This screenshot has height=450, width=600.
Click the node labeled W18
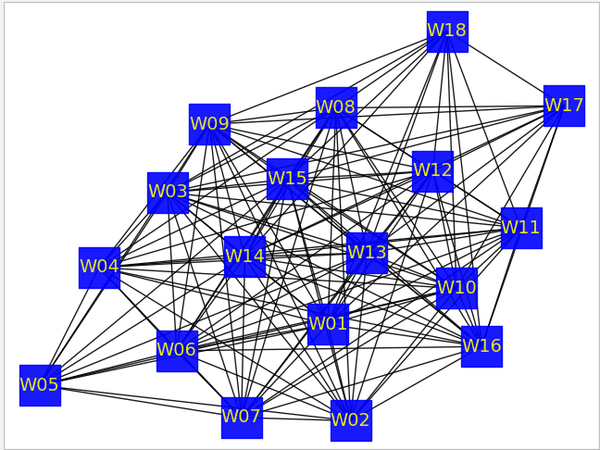pos(447,31)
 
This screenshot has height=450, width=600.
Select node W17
pos(564,106)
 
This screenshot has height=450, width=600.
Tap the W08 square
pos(336,107)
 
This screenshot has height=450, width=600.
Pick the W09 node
pos(209,124)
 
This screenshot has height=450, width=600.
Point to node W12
pos(432,171)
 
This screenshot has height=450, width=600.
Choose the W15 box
pos(287,179)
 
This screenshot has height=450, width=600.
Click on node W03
pos(168,193)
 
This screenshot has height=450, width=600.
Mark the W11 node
pos(521,228)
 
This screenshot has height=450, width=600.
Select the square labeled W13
pos(367,253)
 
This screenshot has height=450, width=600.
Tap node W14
pos(244,256)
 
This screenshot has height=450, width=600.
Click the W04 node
pos(99,268)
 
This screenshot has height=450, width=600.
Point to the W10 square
pos(456,288)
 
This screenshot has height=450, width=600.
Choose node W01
pos(328,324)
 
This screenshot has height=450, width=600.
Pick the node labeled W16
pos(481,346)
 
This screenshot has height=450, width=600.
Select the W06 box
pos(177,351)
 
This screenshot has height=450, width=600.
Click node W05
pos(40,385)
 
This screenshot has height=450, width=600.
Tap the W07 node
pos(242,417)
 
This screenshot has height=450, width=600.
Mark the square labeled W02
pos(351,420)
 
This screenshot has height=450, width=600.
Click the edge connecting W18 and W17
pos(506,69)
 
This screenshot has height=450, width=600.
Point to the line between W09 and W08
pos(273,116)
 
